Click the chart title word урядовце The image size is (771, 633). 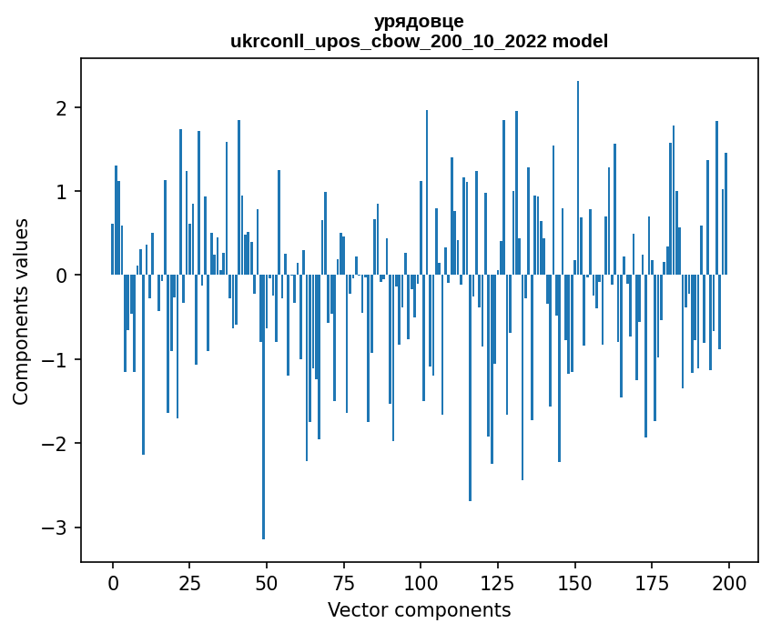pyautogui.click(x=419, y=22)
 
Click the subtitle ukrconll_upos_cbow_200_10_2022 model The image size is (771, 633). pyautogui.click(x=419, y=41)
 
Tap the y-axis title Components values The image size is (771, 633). pyautogui.click(x=21, y=311)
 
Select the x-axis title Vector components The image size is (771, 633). pyautogui.click(x=419, y=609)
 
